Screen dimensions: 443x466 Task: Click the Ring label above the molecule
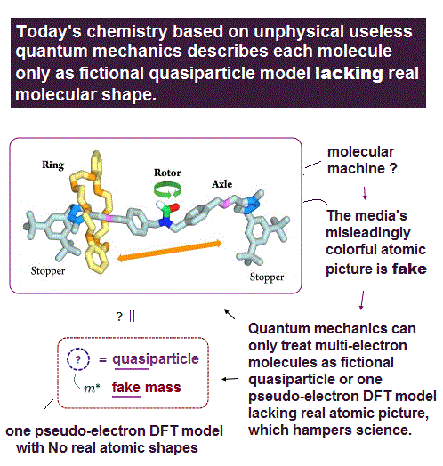(52, 165)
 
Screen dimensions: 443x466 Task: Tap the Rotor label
(167, 173)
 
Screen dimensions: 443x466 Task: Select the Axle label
(221, 184)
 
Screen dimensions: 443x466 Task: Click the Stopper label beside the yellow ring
(48, 271)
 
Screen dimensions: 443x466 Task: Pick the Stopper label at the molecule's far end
(267, 277)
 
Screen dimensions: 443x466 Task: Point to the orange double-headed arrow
(170, 251)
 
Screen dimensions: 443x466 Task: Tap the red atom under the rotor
(174, 207)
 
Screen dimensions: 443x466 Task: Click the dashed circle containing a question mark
(78, 359)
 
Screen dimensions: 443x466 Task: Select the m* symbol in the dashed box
(92, 388)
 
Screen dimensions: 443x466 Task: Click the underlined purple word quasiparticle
(156, 359)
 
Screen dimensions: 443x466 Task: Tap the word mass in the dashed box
(163, 388)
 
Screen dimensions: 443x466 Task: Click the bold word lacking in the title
(349, 74)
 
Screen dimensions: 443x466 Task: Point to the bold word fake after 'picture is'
(409, 269)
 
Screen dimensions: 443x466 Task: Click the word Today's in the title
(49, 32)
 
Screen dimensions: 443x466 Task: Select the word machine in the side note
(356, 168)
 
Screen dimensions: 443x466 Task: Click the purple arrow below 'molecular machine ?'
(365, 193)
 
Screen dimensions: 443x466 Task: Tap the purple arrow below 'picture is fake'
(362, 301)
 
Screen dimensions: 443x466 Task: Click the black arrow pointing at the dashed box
(230, 379)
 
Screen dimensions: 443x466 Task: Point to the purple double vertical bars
(133, 317)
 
